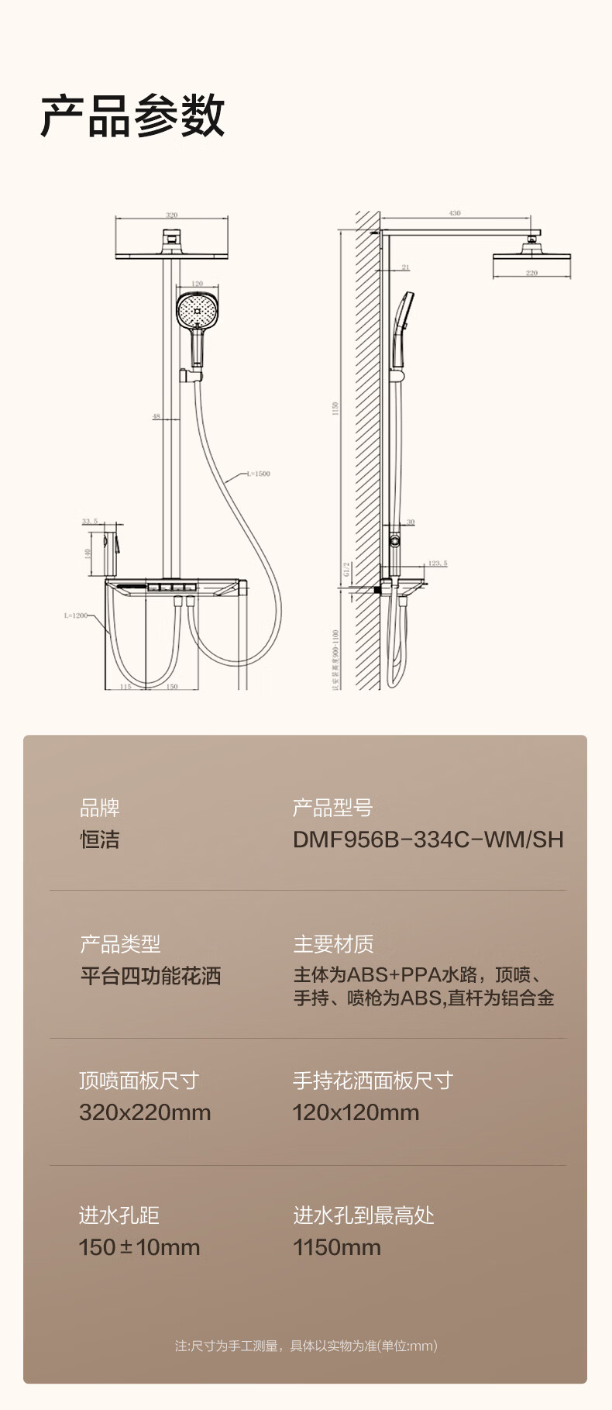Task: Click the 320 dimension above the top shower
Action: [172, 215]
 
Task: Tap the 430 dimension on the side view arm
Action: [455, 212]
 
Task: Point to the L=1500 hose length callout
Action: [259, 474]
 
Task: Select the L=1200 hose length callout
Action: [76, 615]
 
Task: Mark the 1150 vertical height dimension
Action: [335, 409]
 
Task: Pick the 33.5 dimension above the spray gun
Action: [90, 522]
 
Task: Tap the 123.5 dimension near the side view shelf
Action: [438, 564]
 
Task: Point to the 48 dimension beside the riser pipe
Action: [156, 416]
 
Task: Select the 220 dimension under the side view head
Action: [531, 273]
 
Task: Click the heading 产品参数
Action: [132, 116]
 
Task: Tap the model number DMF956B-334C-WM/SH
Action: [428, 839]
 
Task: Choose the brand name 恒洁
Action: [100, 839]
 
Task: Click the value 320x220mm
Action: [145, 1112]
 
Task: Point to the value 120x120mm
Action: [356, 1112]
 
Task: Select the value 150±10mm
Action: [139, 1247]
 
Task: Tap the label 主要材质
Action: [333, 944]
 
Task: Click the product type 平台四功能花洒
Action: [150, 975]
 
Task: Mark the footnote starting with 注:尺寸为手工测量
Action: [306, 1346]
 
